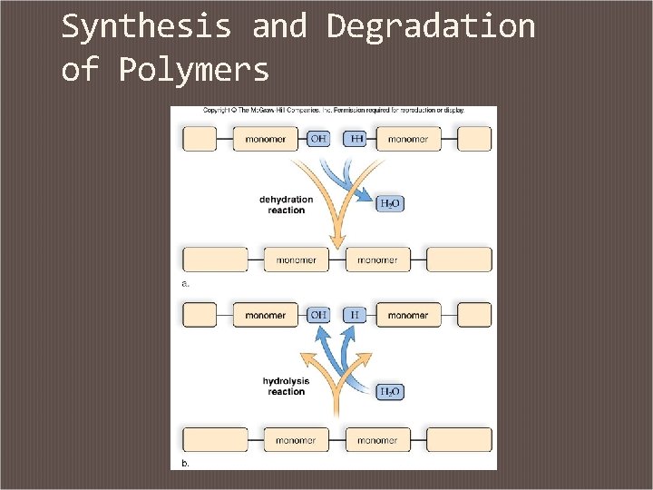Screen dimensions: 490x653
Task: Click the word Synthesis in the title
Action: point(146,27)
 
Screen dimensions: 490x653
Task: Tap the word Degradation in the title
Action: point(431,27)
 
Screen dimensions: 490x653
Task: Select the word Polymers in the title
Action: point(194,70)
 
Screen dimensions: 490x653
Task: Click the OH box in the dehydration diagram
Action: point(318,139)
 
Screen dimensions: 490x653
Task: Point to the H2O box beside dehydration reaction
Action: point(390,203)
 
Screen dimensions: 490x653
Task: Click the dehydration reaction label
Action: point(286,205)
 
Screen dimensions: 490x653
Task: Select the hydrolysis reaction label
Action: point(286,386)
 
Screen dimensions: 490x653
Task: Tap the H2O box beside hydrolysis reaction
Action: point(390,392)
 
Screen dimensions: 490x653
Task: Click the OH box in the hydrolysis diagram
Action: point(318,315)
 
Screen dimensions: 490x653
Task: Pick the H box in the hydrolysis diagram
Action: point(355,315)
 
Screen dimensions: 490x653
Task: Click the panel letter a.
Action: point(186,284)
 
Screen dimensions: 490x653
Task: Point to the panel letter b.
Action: point(186,463)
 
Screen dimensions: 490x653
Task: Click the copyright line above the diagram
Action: point(333,110)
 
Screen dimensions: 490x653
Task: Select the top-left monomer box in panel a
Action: point(265,139)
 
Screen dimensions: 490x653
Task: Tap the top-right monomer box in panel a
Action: point(408,139)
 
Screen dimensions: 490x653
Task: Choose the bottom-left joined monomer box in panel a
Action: point(297,260)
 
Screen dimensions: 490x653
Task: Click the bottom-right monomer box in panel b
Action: point(377,440)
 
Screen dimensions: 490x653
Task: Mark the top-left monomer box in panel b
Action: point(265,315)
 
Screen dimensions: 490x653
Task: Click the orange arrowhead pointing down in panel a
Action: point(337,240)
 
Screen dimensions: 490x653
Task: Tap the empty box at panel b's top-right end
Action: point(474,315)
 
